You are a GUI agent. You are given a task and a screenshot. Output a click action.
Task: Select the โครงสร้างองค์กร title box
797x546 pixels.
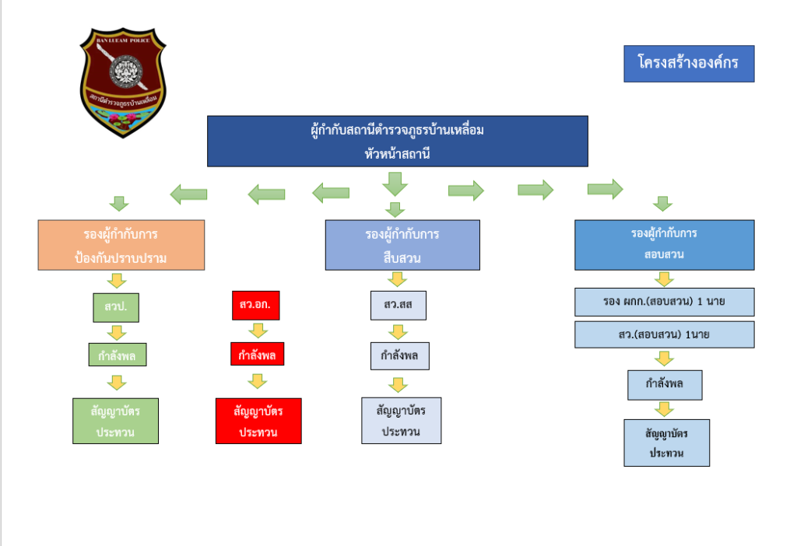coord(689,63)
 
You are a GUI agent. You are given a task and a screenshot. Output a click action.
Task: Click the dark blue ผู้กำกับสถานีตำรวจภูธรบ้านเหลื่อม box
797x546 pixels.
coord(397,140)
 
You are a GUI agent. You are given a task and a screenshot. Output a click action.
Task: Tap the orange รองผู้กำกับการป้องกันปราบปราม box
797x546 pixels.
coord(121,245)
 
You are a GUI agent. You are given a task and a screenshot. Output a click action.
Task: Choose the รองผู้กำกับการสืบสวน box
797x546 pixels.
coord(402,245)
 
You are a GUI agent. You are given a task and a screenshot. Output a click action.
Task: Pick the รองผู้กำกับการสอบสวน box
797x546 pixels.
coord(664,244)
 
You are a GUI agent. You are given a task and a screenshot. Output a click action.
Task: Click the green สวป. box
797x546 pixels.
coord(116,306)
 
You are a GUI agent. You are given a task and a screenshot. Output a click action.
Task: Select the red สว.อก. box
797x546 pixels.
coord(255,306)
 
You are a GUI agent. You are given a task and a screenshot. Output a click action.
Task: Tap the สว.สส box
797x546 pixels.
coord(398,306)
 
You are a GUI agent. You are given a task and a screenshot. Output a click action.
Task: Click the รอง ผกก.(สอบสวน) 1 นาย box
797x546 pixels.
coord(664,302)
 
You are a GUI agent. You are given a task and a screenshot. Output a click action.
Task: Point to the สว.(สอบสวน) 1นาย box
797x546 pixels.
coord(664,334)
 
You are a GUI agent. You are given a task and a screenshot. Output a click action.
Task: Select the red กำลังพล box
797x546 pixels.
coord(257,354)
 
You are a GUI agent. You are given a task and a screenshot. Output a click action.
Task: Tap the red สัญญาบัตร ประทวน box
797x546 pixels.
coord(258,421)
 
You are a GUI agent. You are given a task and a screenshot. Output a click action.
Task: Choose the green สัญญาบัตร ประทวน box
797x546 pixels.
coord(116,421)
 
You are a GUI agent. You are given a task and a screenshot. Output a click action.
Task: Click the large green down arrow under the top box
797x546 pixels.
coord(395,183)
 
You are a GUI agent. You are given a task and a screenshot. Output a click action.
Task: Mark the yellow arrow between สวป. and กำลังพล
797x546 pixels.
coord(117,332)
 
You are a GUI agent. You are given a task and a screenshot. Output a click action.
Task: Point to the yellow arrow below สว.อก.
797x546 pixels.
coord(257,330)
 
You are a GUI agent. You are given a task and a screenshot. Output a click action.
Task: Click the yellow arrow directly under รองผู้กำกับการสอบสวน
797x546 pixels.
coord(664,278)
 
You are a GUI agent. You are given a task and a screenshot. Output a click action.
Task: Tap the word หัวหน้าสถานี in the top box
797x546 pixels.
coord(397,154)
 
